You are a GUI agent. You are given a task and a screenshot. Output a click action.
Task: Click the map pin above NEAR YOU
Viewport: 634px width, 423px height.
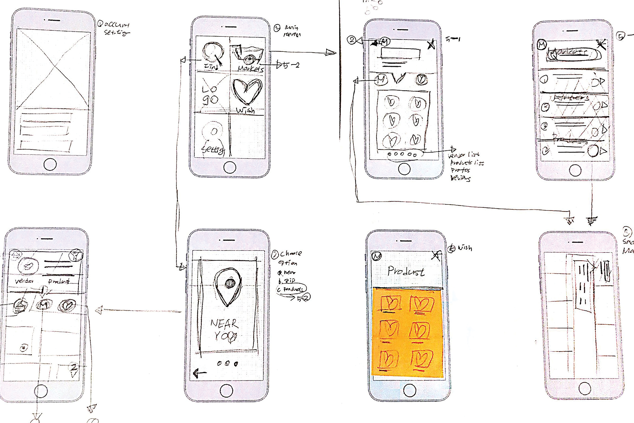(x=228, y=286)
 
